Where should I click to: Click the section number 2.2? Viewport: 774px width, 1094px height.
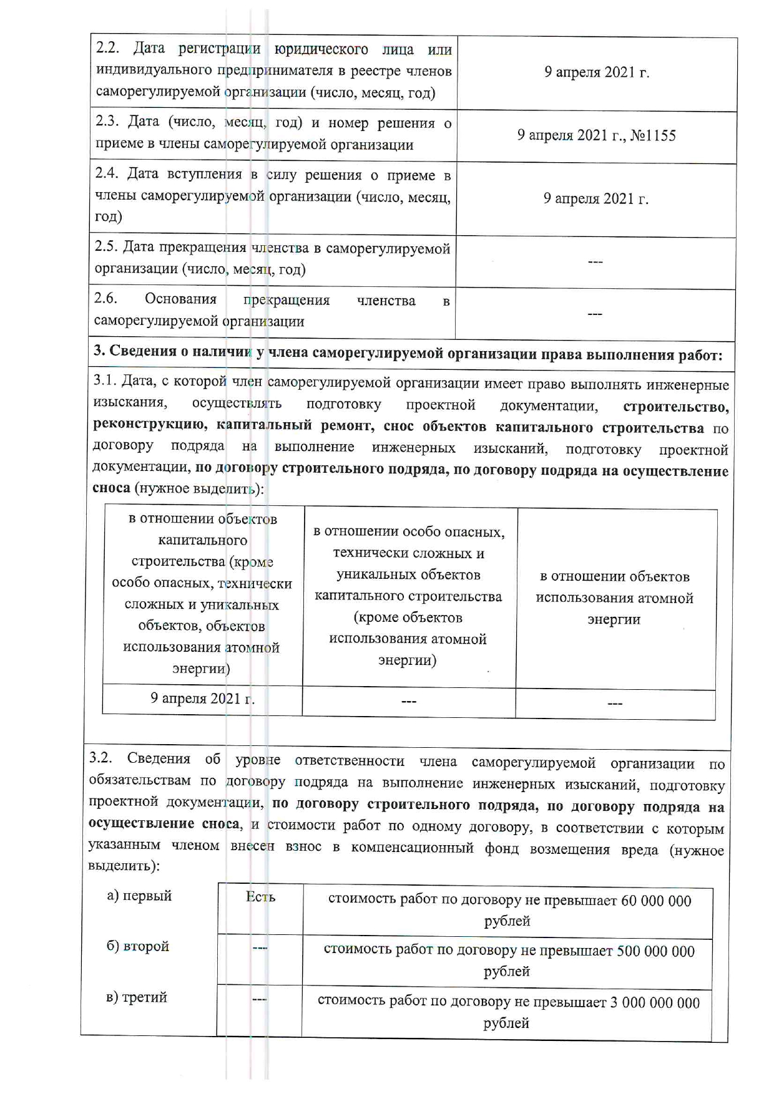(108, 48)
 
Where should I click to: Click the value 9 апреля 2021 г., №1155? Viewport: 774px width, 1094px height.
(596, 136)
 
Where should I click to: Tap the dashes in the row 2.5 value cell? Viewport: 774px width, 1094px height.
(595, 262)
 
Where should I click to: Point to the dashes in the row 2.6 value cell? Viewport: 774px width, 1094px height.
(595, 314)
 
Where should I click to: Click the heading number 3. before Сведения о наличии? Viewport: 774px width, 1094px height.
(99, 351)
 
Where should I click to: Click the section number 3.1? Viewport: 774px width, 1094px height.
(104, 380)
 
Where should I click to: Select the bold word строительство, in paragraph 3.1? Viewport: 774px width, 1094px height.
(675, 407)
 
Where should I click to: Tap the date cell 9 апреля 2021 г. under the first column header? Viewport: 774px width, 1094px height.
(202, 699)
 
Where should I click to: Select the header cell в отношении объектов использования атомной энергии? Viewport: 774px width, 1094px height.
(614, 598)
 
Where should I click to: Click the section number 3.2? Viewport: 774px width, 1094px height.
(100, 758)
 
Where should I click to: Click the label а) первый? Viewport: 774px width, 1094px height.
(139, 896)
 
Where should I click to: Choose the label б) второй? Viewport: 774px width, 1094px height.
(137, 946)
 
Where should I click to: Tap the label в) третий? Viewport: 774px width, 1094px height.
(137, 997)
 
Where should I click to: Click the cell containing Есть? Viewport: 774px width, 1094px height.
(260, 898)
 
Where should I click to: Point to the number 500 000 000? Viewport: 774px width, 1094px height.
(655, 951)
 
